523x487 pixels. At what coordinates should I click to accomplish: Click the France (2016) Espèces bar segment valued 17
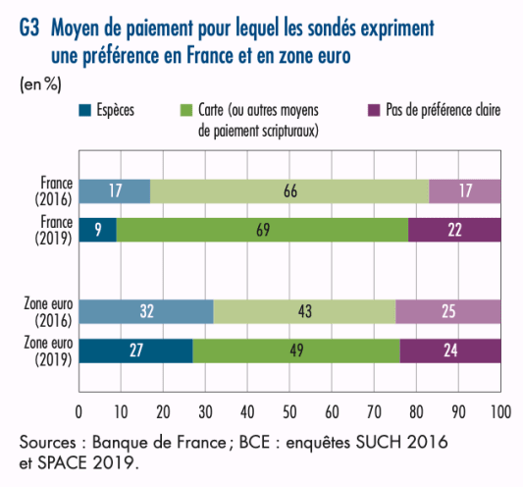(114, 191)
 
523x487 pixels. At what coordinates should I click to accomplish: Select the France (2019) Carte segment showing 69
(262, 229)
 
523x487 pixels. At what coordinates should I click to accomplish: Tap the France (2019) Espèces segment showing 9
(97, 229)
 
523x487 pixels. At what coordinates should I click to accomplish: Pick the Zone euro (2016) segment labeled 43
(304, 312)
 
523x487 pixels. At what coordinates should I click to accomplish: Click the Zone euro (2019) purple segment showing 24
(450, 351)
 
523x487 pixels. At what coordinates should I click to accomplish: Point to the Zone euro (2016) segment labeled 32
(145, 312)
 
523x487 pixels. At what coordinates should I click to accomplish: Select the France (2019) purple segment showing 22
(454, 229)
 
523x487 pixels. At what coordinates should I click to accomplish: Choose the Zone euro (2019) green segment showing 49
(296, 351)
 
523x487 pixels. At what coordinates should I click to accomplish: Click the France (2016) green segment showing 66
(289, 191)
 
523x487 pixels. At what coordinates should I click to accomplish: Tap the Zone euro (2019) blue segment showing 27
(135, 351)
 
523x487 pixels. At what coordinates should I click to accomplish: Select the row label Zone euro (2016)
(47, 312)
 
